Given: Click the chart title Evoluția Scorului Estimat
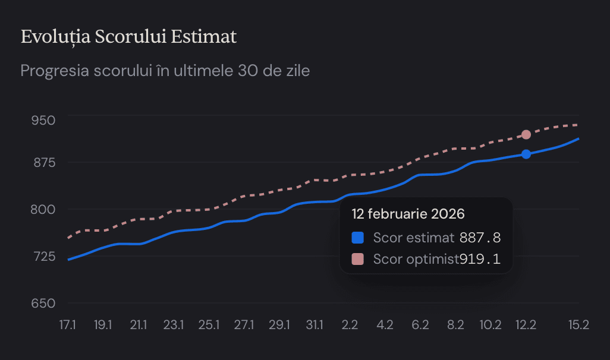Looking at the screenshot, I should pyautogui.click(x=128, y=37).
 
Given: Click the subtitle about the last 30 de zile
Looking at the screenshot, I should pyautogui.click(x=165, y=71).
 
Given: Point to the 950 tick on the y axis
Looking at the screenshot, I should pyautogui.click(x=43, y=121).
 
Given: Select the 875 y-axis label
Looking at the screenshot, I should pyautogui.click(x=43, y=163).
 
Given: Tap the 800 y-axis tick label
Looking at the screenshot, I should pyautogui.click(x=43, y=209).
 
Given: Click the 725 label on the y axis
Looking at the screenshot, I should pyautogui.click(x=43, y=256).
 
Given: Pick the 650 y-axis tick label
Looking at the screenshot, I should pyautogui.click(x=43, y=303).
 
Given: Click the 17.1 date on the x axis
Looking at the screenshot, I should pyautogui.click(x=67, y=325).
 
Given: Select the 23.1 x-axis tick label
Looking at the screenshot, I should pyautogui.click(x=174, y=325).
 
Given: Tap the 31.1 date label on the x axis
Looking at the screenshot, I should pyautogui.click(x=315, y=325).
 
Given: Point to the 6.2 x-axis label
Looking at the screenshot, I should pyautogui.click(x=420, y=325).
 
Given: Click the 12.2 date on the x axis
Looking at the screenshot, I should pyautogui.click(x=526, y=325).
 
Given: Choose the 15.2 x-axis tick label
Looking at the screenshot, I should pyautogui.click(x=578, y=325).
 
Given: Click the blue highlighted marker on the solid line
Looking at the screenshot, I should pyautogui.click(x=526, y=154).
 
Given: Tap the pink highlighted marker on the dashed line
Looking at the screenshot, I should pyautogui.click(x=526, y=135).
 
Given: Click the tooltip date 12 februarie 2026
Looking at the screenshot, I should pyautogui.click(x=408, y=214).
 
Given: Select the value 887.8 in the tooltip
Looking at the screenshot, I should pyautogui.click(x=480, y=238).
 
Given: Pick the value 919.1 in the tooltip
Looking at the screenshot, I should pyautogui.click(x=480, y=259).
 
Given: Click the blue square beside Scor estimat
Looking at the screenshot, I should pyautogui.click(x=357, y=238).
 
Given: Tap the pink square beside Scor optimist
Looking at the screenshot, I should pyautogui.click(x=357, y=259).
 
